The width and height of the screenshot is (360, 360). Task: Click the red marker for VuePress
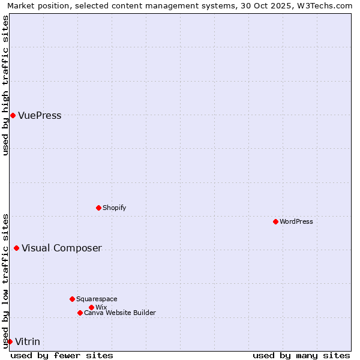[x=13, y=115]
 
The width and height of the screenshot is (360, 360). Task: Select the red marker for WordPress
[x=275, y=221]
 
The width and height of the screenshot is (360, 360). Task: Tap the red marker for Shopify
[x=98, y=208]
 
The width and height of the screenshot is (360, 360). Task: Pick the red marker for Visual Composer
[x=16, y=248]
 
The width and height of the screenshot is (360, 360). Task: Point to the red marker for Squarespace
[x=72, y=299]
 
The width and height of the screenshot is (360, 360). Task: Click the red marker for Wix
[x=91, y=307]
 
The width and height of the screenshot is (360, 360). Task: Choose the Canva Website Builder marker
[x=80, y=313]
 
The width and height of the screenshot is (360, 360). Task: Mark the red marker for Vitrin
[x=10, y=341]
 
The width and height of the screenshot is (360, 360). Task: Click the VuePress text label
[x=40, y=116]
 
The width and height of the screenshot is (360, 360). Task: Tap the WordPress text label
[x=296, y=221]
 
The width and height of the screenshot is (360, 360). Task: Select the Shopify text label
[x=114, y=208]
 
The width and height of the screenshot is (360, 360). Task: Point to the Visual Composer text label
[x=61, y=248]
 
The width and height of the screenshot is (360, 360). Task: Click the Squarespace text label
[x=97, y=299]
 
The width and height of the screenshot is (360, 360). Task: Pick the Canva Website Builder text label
[x=119, y=313]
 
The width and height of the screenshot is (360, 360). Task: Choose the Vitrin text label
[x=28, y=342]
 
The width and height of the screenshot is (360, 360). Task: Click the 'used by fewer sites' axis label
[x=62, y=355]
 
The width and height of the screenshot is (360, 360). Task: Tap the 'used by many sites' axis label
[x=301, y=355]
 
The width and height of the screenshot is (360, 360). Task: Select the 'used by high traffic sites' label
[x=5, y=85]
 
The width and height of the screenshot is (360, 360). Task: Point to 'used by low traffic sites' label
[x=5, y=280]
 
